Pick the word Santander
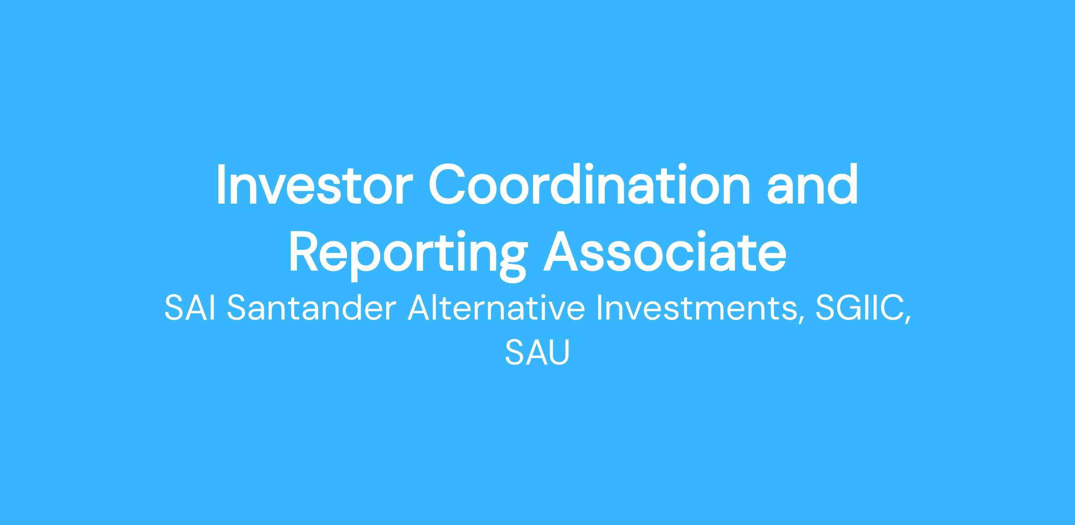312,309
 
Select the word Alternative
496,309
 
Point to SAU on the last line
537,353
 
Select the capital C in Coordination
448,185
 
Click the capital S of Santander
237,309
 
